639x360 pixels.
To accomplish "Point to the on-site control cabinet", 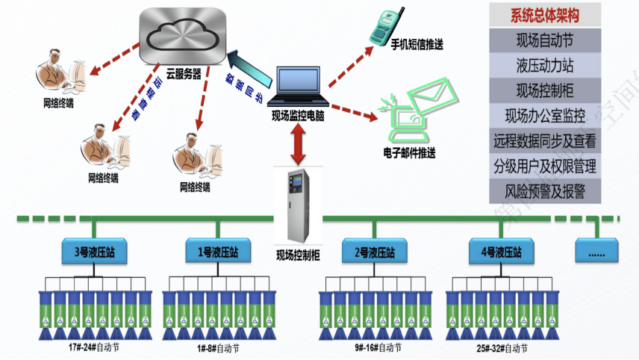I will pos(297,205).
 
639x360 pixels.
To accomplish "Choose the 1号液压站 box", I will pos(217,252).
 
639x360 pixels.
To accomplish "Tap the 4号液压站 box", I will pos(500,252).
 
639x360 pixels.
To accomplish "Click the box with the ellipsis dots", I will pos(596,252).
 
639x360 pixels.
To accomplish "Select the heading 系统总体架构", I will pos(543,15).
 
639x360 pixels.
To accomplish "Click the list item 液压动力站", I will pos(543,65).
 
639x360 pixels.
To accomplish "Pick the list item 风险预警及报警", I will pos(543,191).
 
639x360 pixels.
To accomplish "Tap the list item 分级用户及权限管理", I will pos(543,166).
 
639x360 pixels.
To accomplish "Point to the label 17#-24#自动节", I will pos(92,347).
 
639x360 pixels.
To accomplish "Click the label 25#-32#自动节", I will pos(502,348).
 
